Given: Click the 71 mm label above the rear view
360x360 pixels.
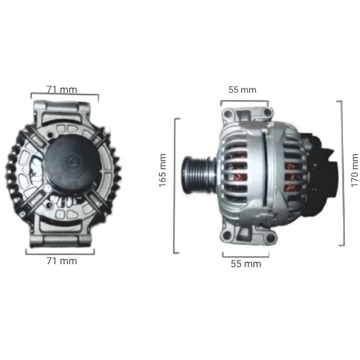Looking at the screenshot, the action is pos(62,90).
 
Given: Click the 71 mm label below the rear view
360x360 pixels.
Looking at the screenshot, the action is pos(62,261).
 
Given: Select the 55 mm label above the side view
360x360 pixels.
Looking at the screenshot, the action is pos(243,90).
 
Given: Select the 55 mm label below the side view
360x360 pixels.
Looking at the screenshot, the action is pos(246,264).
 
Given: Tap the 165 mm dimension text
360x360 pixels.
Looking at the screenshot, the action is pos(163,171).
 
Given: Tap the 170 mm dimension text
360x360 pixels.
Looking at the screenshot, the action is pos(355,171).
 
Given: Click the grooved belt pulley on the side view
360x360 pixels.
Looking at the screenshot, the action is pos(197,175).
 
